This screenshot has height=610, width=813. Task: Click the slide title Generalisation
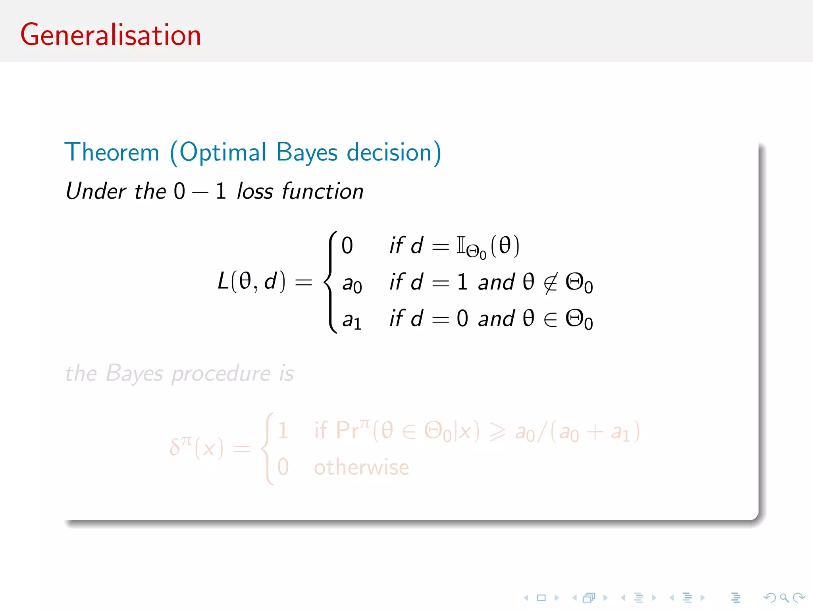pyautogui.click(x=111, y=35)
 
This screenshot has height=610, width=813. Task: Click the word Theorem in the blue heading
pyautogui.click(x=112, y=152)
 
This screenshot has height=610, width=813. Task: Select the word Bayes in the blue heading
pyautogui.click(x=307, y=153)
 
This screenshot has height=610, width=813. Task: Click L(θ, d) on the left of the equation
pyautogui.click(x=251, y=282)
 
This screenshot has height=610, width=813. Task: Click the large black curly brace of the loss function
pyautogui.click(x=331, y=282)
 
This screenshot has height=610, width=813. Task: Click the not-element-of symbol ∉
pyautogui.click(x=551, y=283)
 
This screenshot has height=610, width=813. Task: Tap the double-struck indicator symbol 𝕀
pyautogui.click(x=460, y=245)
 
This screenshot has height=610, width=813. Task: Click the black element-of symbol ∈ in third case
pyautogui.click(x=551, y=319)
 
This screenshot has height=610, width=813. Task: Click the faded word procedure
pyautogui.click(x=221, y=374)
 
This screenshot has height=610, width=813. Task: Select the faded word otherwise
pyautogui.click(x=361, y=467)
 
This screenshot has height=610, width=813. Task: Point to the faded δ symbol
pyautogui.click(x=175, y=448)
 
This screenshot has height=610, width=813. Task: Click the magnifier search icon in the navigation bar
pyautogui.click(x=784, y=597)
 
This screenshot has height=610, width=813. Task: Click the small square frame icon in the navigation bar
pyautogui.click(x=541, y=597)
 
